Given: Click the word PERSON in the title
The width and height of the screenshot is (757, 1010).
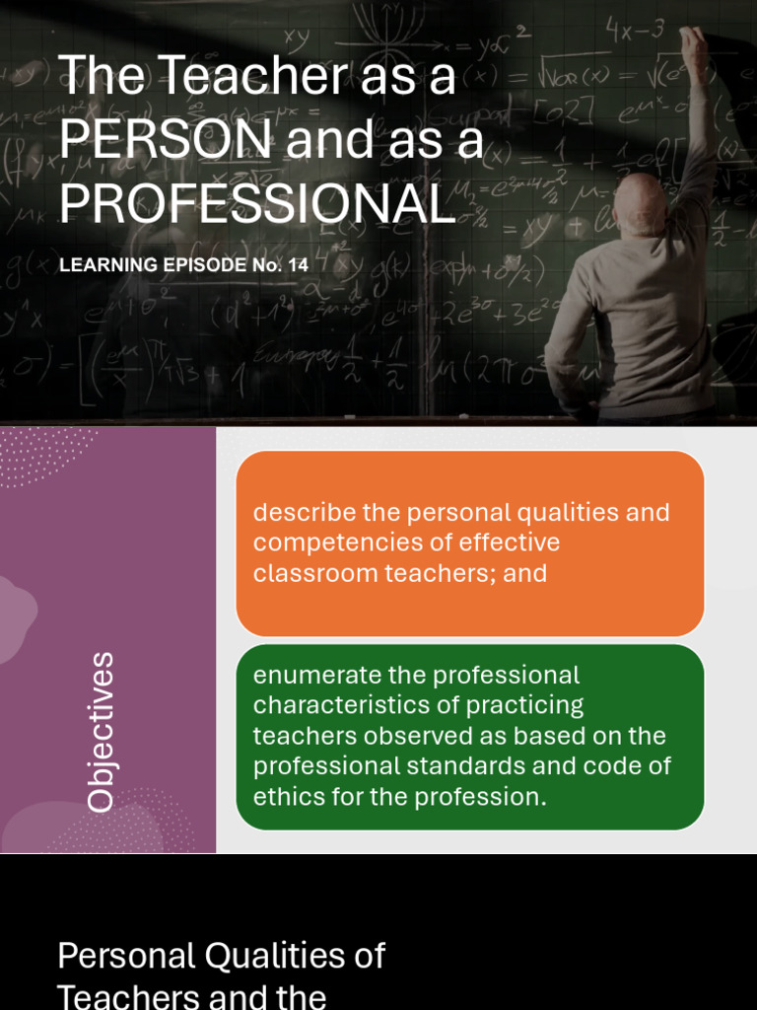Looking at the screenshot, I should pos(166,141).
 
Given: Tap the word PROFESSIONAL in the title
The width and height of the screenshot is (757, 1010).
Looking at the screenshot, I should pos(256,204).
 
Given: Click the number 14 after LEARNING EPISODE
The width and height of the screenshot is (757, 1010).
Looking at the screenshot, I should pos(299,265).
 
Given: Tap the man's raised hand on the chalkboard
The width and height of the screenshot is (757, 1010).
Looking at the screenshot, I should pos(693,44).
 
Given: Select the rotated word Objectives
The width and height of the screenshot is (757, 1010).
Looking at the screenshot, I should pos(101,731).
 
